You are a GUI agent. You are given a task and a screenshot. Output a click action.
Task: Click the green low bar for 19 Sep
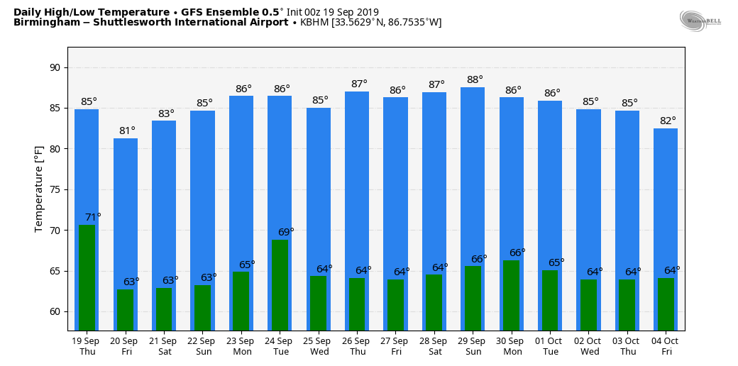(x=87, y=277)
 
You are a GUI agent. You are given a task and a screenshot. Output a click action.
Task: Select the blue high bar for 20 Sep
(x=126, y=213)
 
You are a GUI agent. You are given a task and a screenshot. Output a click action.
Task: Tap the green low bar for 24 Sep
(x=280, y=284)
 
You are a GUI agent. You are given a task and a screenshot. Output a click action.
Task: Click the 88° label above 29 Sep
(x=475, y=79)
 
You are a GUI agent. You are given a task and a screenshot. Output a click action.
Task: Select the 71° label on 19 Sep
(x=93, y=217)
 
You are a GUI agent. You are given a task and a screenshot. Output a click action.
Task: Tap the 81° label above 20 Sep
(x=127, y=131)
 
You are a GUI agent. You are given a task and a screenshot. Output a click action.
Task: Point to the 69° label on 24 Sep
(x=286, y=232)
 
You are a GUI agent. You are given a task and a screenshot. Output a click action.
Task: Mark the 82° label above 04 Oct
(x=668, y=121)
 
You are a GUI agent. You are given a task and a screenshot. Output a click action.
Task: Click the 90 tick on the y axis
(x=55, y=68)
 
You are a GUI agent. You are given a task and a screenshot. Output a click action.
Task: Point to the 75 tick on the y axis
(x=55, y=190)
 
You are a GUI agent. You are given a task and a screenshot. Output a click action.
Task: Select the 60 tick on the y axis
(x=55, y=312)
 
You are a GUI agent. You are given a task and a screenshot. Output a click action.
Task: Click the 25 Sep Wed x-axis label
(x=319, y=346)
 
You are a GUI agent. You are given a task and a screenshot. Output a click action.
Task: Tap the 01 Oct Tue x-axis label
(x=550, y=346)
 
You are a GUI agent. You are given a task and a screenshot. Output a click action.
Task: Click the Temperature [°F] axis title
(x=39, y=189)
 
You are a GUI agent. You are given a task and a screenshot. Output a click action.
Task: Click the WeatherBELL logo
(x=700, y=21)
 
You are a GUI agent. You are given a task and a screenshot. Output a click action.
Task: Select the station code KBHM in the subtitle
(x=314, y=23)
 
